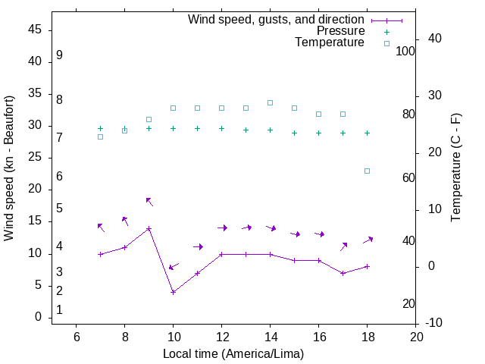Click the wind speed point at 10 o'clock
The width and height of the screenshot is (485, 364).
pyautogui.click(x=173, y=292)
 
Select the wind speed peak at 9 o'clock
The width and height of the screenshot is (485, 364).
pyautogui.click(x=149, y=228)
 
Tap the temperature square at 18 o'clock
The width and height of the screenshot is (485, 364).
pyautogui.click(x=367, y=171)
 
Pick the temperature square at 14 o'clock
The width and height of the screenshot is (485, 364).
pyautogui.click(x=270, y=102)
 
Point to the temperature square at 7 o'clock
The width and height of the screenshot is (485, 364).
pyautogui.click(x=100, y=136)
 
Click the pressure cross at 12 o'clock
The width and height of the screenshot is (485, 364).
pyautogui.click(x=221, y=128)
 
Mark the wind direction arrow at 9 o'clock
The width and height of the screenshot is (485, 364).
pyautogui.click(x=149, y=201)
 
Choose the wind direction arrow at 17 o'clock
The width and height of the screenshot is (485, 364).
pyautogui.click(x=343, y=246)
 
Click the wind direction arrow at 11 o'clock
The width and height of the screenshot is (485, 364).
pyautogui.click(x=198, y=246)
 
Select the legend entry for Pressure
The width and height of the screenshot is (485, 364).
pyautogui.click(x=339, y=31)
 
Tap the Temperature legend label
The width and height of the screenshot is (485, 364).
pyautogui.click(x=330, y=43)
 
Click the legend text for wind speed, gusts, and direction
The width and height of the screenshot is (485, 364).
pyautogui.click(x=277, y=19)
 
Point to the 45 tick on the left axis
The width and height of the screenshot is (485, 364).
pyautogui.click(x=35, y=30)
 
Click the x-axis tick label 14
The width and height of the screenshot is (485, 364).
pyautogui.click(x=270, y=337)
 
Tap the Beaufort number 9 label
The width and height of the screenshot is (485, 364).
pyautogui.click(x=59, y=55)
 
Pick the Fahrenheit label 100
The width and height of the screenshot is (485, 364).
pyautogui.click(x=405, y=51)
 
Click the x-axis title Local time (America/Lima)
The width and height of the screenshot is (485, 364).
pyautogui.click(x=233, y=353)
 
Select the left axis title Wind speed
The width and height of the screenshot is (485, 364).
pyautogui.click(x=9, y=168)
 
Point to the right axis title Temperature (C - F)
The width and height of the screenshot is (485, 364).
pyautogui.click(x=455, y=168)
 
